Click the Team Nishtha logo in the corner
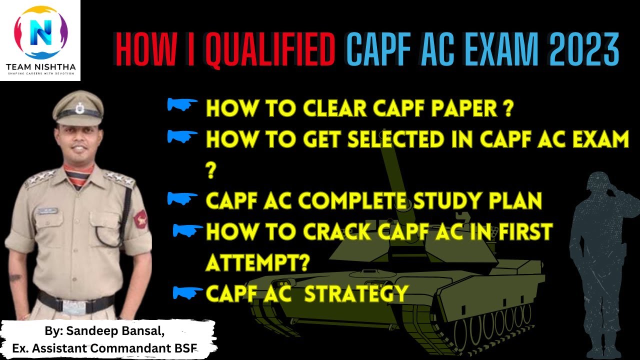click(40, 40)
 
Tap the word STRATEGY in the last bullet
click(356, 293)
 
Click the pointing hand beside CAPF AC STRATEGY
click(187, 292)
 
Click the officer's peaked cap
click(78, 108)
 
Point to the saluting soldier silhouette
click(605, 240)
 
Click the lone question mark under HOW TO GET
click(210, 171)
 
